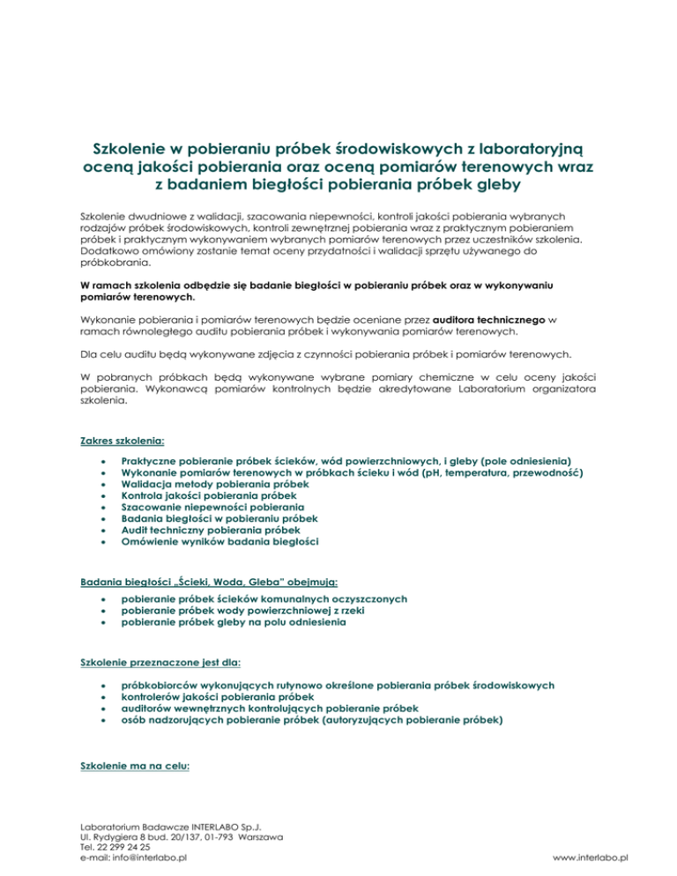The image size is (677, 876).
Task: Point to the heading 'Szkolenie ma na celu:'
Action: tap(131, 766)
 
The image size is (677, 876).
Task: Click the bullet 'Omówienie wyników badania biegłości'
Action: tap(219, 544)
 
